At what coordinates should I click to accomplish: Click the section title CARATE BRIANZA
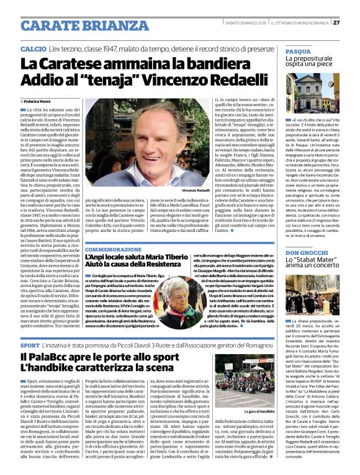[x=76, y=25]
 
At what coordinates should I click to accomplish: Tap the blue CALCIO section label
[x=33, y=48]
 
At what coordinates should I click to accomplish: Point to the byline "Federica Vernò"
[x=38, y=100]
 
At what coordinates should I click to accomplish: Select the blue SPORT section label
[x=30, y=344]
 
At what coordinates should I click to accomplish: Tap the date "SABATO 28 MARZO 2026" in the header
[x=249, y=23]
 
